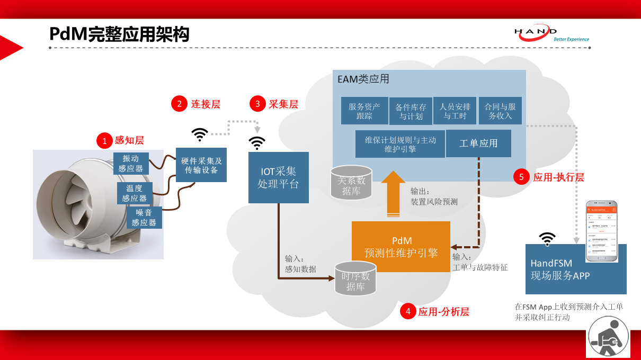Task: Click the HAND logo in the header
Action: pyautogui.click(x=551, y=34)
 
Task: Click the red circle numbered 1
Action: pyautogui.click(x=104, y=140)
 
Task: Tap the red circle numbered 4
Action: pyautogui.click(x=408, y=311)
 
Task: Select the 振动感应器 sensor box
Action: pyautogui.click(x=131, y=163)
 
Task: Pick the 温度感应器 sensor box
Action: pyautogui.click(x=135, y=193)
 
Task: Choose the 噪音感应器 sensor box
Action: pyautogui.click(x=144, y=218)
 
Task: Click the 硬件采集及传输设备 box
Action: pyautogui.click(x=201, y=165)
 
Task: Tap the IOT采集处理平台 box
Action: pyautogui.click(x=278, y=177)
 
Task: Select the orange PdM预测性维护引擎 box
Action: pyautogui.click(x=401, y=247)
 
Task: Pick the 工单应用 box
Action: pyautogui.click(x=478, y=143)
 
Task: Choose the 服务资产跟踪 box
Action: pyautogui.click(x=364, y=111)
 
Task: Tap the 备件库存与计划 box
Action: pyautogui.click(x=411, y=111)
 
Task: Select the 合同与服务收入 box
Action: pyautogui.click(x=500, y=111)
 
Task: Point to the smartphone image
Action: pyautogui.click(x=601, y=232)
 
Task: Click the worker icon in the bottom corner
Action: pyautogui.click(x=608, y=337)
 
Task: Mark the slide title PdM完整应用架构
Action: pyautogui.click(x=119, y=34)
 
